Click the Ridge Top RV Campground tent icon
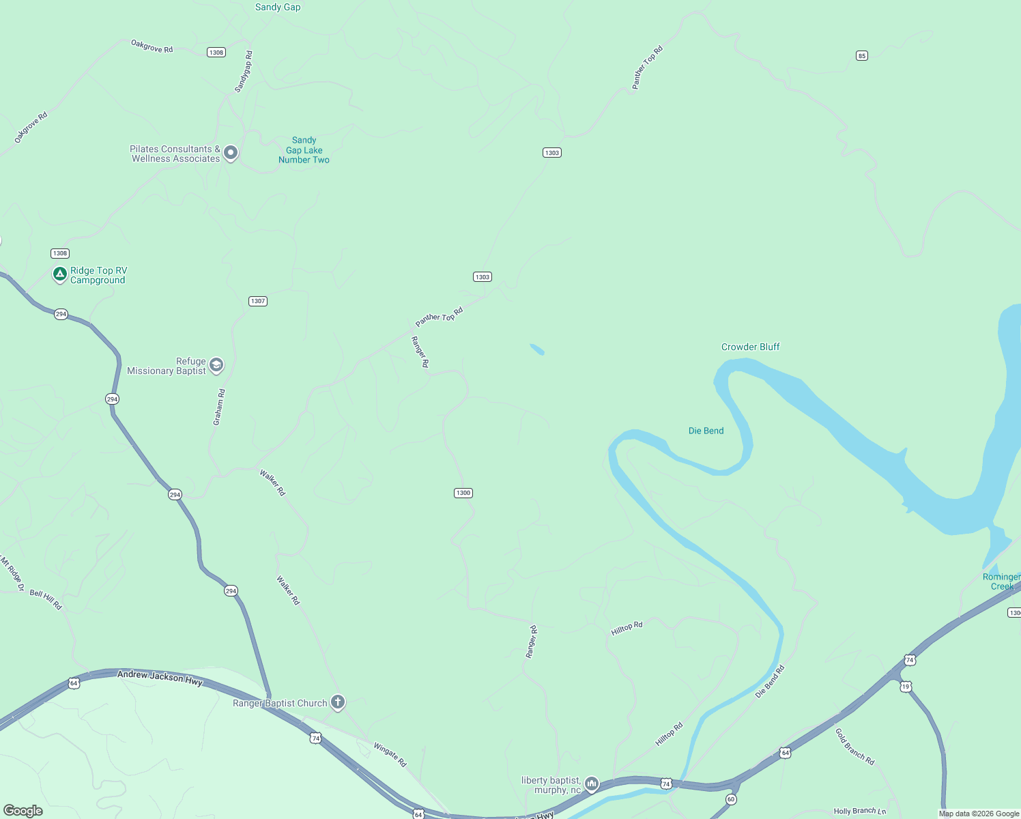point(60,274)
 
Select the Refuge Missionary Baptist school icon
point(216,365)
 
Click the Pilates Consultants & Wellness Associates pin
point(231,152)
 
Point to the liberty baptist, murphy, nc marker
point(592,784)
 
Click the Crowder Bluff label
point(750,347)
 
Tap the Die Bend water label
point(706,431)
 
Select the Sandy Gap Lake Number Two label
point(304,150)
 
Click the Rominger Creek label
point(1001,581)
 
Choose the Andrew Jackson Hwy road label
point(160,677)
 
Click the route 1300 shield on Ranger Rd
point(463,493)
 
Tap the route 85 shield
point(862,56)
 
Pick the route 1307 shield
point(257,301)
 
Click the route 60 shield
point(731,799)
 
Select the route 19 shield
point(906,687)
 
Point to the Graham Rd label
point(219,407)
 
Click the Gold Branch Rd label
point(854,746)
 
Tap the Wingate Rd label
point(390,755)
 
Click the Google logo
point(23,811)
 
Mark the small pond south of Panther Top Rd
point(537,349)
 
